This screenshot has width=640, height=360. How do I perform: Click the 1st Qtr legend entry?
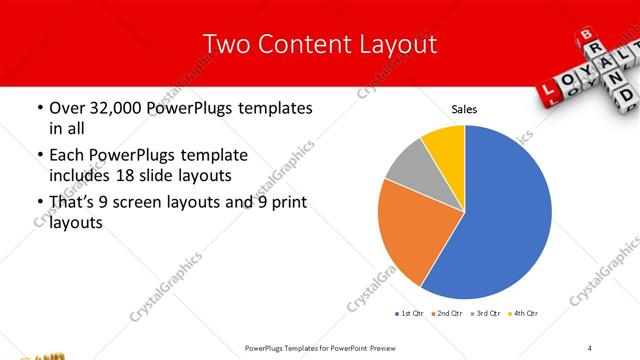click(410, 314)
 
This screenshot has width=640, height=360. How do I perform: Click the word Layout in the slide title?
click(391, 44)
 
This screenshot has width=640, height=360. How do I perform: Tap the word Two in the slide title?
click(225, 44)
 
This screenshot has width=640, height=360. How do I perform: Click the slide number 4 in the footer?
click(590, 347)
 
